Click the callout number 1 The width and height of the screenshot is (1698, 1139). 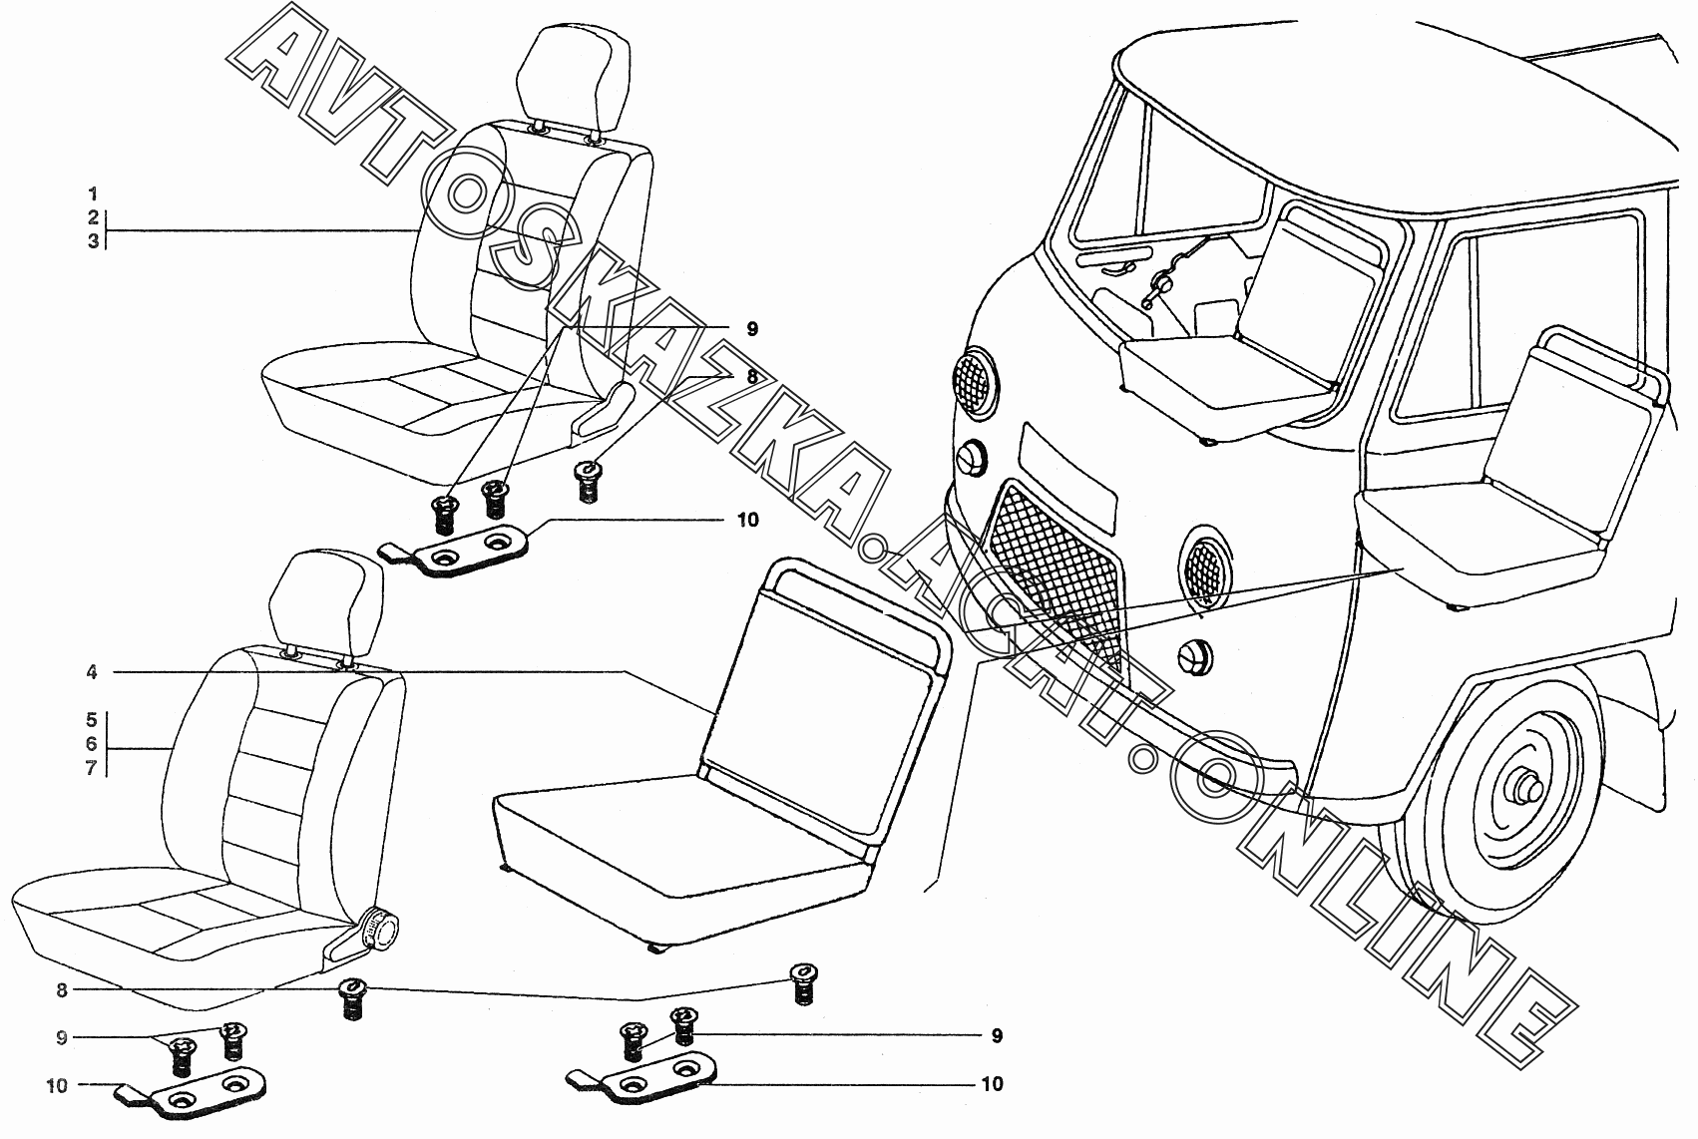click(93, 193)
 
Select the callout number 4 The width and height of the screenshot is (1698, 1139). click(92, 673)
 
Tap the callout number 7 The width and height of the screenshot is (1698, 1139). click(92, 769)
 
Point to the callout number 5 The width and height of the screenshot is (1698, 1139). click(92, 719)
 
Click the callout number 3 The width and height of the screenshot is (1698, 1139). click(93, 241)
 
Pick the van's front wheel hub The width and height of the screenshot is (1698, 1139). click(1522, 787)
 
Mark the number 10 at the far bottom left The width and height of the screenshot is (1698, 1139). click(57, 1085)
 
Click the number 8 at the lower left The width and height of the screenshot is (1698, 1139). click(62, 990)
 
